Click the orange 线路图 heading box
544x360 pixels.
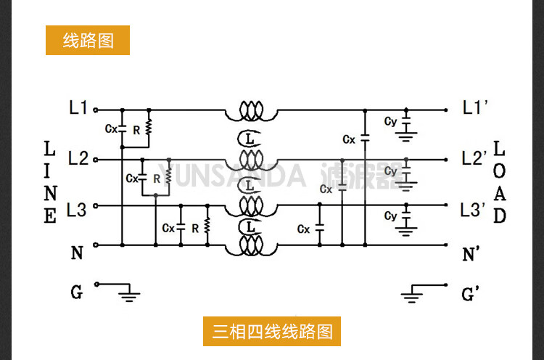tap(88, 41)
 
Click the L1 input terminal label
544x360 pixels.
tap(78, 109)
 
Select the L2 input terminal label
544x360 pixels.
tap(78, 158)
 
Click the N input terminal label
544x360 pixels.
tap(77, 253)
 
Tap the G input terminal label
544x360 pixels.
tap(76, 292)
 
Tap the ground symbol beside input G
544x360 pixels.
tap(130, 293)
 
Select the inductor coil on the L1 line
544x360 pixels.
tap(250, 111)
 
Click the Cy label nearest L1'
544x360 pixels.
tap(390, 121)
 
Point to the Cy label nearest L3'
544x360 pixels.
tap(390, 216)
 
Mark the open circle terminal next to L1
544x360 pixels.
tap(95, 111)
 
